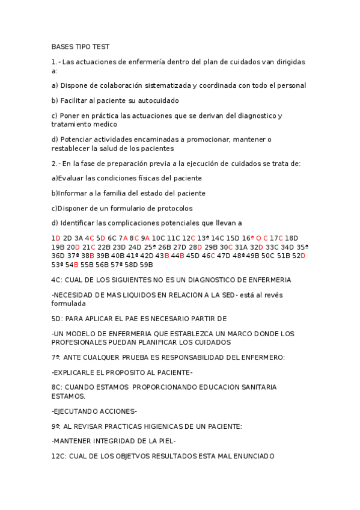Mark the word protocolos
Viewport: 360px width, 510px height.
[173, 208]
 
